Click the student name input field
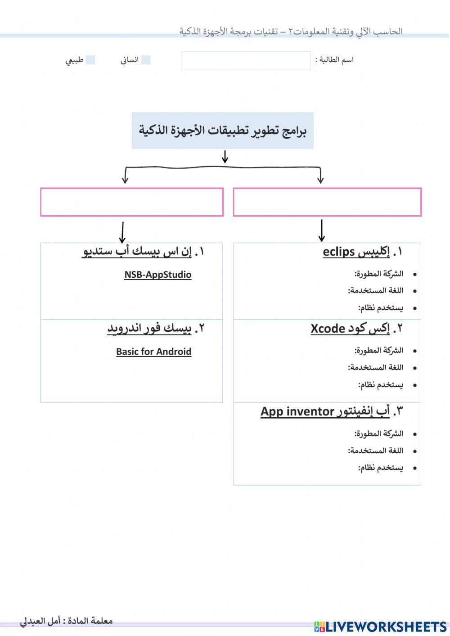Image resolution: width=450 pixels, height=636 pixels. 246,60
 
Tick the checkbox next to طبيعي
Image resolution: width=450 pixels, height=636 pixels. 90,60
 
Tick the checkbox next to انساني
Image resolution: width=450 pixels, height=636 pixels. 146,60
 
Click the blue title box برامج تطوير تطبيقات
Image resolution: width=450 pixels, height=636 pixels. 222,131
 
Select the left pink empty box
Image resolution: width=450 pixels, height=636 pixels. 132,202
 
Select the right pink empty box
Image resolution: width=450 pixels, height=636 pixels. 327,202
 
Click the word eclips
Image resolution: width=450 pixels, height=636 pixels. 339,252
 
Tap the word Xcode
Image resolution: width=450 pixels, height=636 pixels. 328,329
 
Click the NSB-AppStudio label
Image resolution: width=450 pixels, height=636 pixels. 158,275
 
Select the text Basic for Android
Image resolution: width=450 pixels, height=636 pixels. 154,352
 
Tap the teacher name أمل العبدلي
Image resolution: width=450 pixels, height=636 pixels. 40,621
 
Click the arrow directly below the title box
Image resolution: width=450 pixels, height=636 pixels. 225,157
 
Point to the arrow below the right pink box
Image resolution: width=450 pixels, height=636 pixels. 321,230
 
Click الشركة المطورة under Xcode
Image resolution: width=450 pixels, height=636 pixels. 379,350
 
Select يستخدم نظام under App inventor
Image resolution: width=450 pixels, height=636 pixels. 381,468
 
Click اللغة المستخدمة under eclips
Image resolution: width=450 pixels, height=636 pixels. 376,291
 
